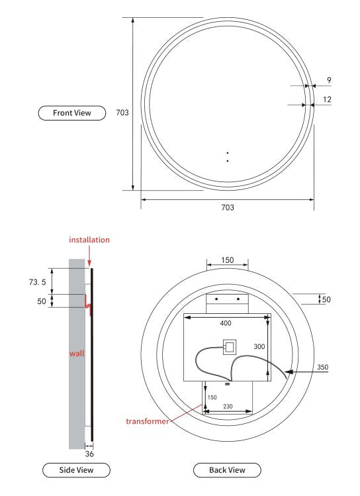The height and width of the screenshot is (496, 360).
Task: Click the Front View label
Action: (x=73, y=113)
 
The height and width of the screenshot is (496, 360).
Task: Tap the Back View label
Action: (x=227, y=470)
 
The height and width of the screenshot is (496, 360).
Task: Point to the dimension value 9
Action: (x=329, y=80)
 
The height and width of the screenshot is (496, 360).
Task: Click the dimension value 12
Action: (x=328, y=99)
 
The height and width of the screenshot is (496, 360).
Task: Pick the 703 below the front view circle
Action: (x=227, y=207)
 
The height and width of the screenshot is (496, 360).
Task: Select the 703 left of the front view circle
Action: (x=122, y=113)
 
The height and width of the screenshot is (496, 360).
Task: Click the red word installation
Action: (x=90, y=240)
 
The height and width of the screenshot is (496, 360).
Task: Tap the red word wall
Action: (x=77, y=353)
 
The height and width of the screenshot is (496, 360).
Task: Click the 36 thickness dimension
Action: (x=89, y=455)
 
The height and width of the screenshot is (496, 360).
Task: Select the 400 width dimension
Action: (x=227, y=324)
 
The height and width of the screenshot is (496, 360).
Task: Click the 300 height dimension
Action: (x=259, y=346)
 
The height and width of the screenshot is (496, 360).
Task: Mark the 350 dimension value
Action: (x=322, y=367)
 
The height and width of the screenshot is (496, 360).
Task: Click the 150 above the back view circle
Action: (x=227, y=260)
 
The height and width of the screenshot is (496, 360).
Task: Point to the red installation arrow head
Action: (x=90, y=266)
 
